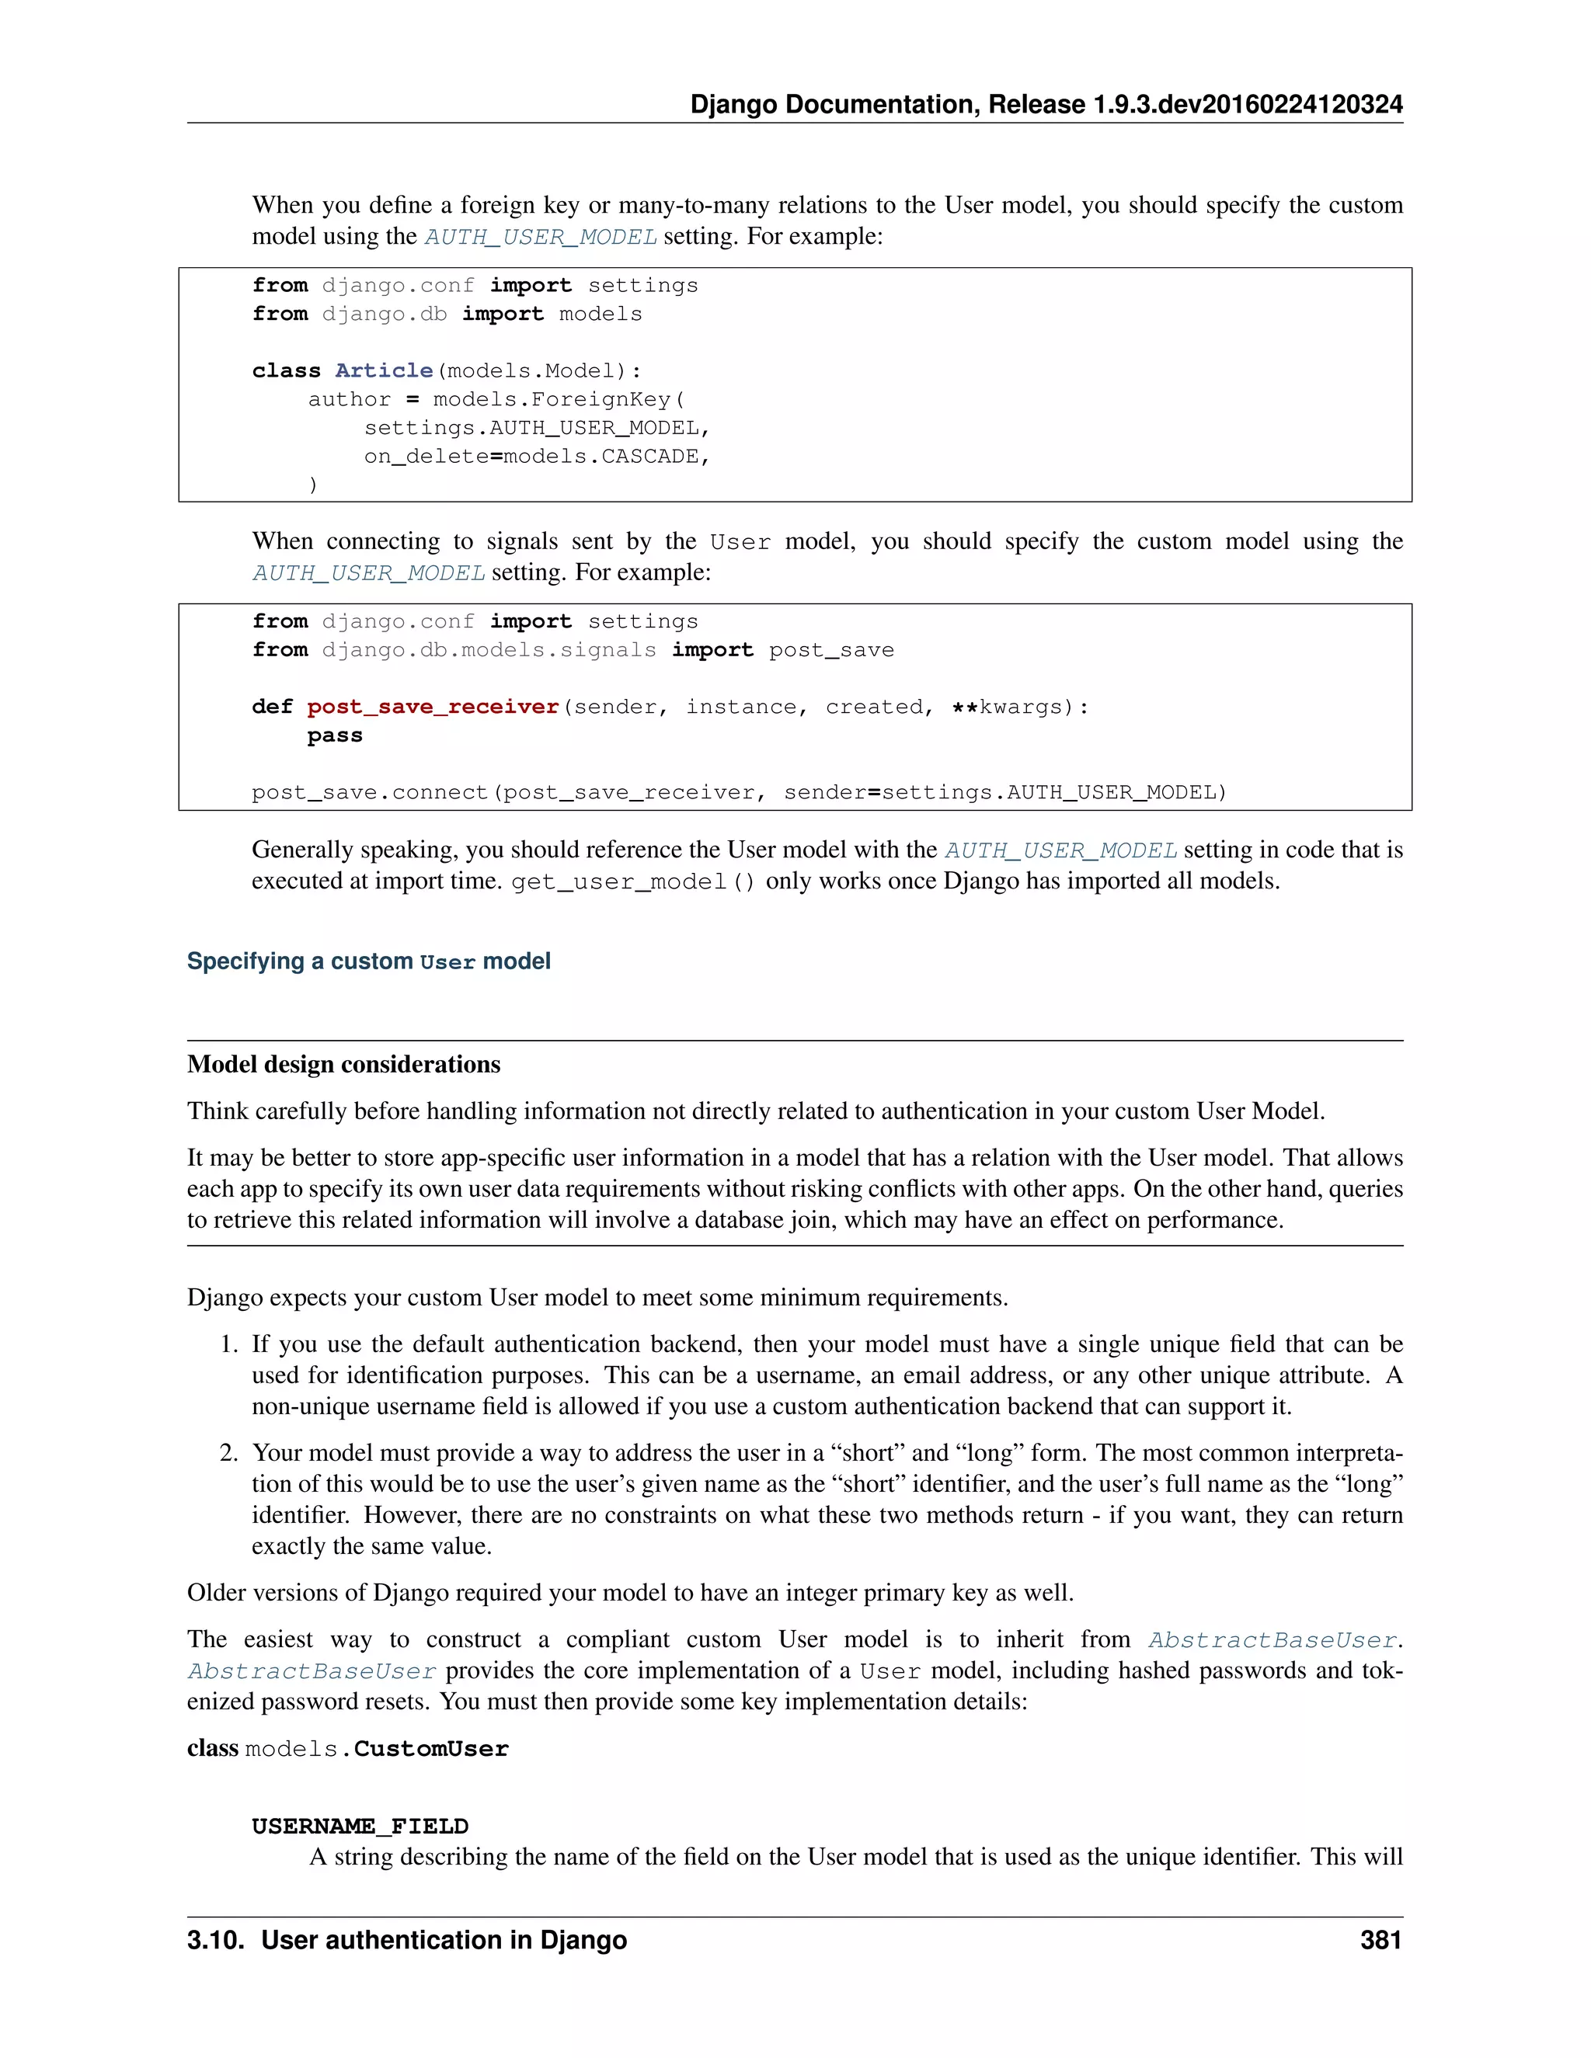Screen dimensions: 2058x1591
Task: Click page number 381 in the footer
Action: click(1380, 1940)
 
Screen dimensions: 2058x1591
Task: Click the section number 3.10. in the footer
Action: click(217, 1940)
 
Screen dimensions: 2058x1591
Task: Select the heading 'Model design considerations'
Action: click(343, 1064)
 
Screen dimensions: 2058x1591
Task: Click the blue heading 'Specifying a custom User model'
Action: click(368, 961)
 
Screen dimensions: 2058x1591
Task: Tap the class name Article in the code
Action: click(384, 370)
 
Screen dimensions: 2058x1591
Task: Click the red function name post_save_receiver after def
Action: click(433, 707)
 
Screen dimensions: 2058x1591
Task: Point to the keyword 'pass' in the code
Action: click(335, 735)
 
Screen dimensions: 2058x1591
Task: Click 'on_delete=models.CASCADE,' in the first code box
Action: click(536, 456)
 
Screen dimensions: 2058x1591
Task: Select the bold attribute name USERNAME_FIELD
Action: click(360, 1827)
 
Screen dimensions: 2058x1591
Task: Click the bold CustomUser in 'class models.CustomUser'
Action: click(430, 1749)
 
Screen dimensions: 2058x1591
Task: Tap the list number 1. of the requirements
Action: click(229, 1344)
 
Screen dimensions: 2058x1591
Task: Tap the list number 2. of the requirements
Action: click(229, 1453)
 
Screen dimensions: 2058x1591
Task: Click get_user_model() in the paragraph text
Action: click(632, 882)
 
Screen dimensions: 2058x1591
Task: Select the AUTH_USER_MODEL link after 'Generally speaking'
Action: click(1060, 850)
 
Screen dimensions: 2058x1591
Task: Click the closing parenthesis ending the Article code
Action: click(313, 485)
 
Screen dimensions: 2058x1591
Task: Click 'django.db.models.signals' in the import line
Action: click(488, 650)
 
